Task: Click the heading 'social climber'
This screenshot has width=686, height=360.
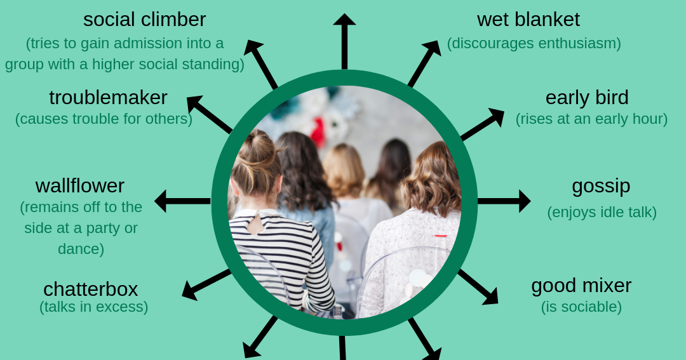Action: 144,19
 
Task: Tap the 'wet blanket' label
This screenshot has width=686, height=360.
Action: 528,19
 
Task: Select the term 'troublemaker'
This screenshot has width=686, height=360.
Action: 108,97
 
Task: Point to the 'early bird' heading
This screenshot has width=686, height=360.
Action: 586,97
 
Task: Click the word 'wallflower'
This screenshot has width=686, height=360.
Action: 80,185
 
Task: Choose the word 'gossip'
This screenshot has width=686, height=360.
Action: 601,185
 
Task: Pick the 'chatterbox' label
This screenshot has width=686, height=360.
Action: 90,288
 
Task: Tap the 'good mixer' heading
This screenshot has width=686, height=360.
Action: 581,285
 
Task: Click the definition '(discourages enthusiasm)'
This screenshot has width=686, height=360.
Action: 534,43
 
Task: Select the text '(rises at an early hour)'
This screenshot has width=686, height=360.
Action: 591,119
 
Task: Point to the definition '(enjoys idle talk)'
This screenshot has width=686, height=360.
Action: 602,212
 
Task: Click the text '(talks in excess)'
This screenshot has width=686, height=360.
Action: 93,307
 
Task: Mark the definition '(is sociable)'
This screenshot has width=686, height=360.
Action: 581,307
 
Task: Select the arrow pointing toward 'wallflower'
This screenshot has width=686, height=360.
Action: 182,201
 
